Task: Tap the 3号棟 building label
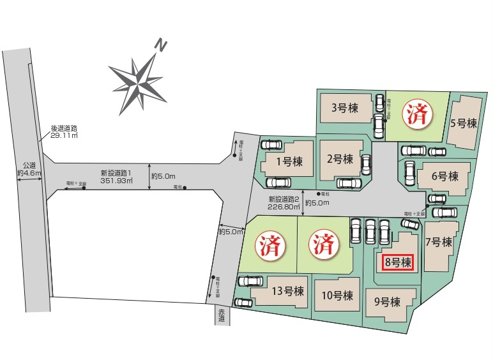345,107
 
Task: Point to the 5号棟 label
464,123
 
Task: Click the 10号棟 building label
337,296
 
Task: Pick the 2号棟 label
339,158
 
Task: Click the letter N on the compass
162,45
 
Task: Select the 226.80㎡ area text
283,207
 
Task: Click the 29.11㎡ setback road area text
64,135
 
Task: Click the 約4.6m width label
29,173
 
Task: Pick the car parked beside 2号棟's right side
366,165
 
